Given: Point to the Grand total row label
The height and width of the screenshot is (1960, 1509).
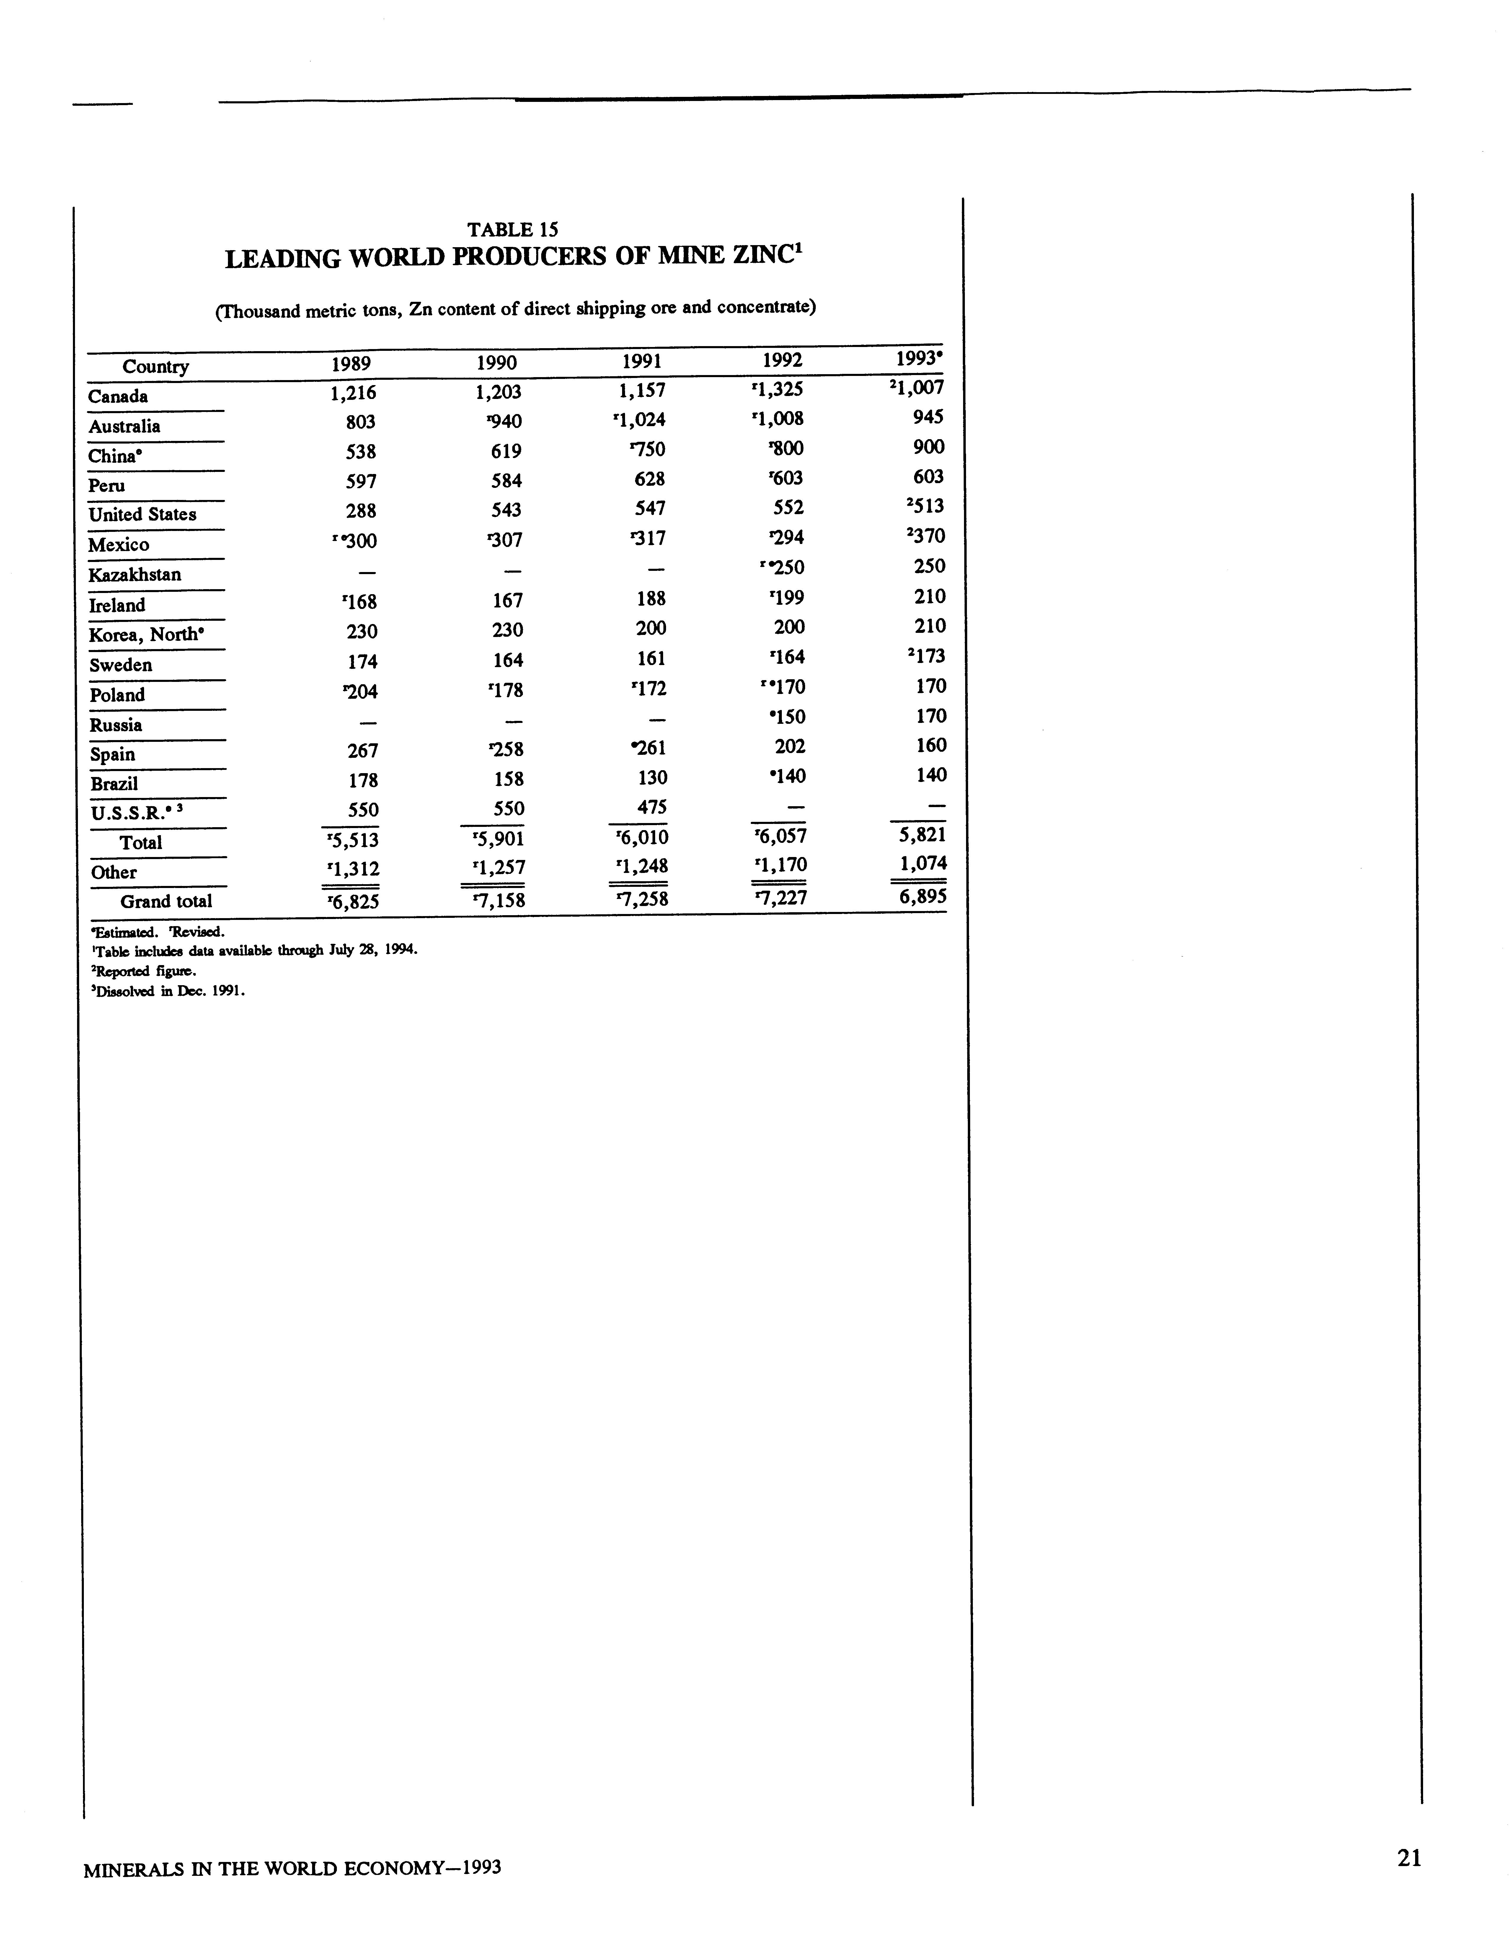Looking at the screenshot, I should [x=166, y=901].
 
